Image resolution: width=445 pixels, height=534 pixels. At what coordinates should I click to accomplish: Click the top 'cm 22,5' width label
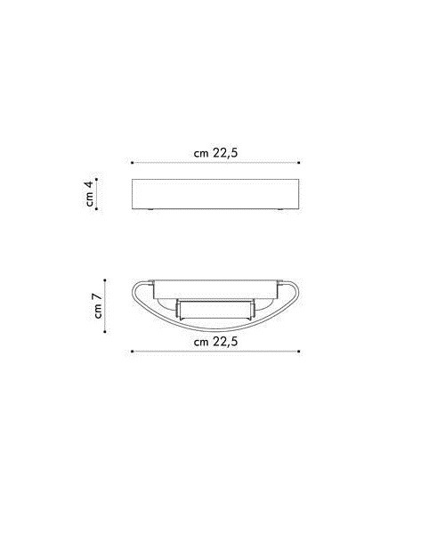pos(215,152)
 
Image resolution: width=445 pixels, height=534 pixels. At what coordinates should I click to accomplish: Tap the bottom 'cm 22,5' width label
pos(215,341)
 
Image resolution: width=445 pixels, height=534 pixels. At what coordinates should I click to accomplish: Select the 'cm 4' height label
pos(90,194)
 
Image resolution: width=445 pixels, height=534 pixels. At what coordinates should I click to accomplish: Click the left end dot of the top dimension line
pos(132,163)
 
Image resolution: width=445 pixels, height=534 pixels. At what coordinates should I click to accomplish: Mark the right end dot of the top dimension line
pos(299,163)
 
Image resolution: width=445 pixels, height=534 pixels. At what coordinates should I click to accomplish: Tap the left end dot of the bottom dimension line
pos(132,352)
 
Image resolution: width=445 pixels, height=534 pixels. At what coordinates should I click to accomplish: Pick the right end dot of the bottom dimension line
pos(299,352)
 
